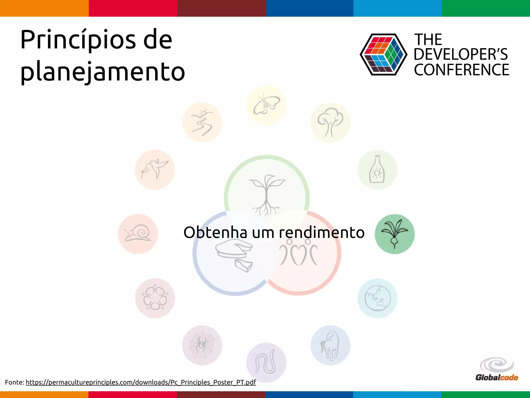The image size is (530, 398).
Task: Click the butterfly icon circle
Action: coord(266,105)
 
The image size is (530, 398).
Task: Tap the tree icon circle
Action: coord(330,123)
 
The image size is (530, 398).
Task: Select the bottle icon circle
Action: coord(377,170)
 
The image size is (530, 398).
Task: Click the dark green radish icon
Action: coord(394,234)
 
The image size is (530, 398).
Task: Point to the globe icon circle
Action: coord(378,298)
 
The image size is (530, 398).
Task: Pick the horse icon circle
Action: coord(330,345)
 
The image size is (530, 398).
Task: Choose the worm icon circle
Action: coord(266,363)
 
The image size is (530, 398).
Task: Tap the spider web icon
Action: coord(202,345)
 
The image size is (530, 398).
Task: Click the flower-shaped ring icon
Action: coord(155,298)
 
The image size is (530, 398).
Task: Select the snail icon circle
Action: coord(138,234)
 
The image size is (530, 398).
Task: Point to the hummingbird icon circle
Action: coord(155,170)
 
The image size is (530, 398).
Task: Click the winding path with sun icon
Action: coord(202,123)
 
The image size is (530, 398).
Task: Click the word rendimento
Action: coord(322,232)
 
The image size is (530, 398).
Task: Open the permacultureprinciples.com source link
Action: coord(141,382)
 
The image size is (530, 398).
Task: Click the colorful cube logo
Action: coord(383,54)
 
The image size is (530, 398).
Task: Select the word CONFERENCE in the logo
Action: coord(461,70)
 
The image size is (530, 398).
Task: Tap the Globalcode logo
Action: coord(497,370)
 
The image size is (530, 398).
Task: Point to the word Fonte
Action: coord(14,382)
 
